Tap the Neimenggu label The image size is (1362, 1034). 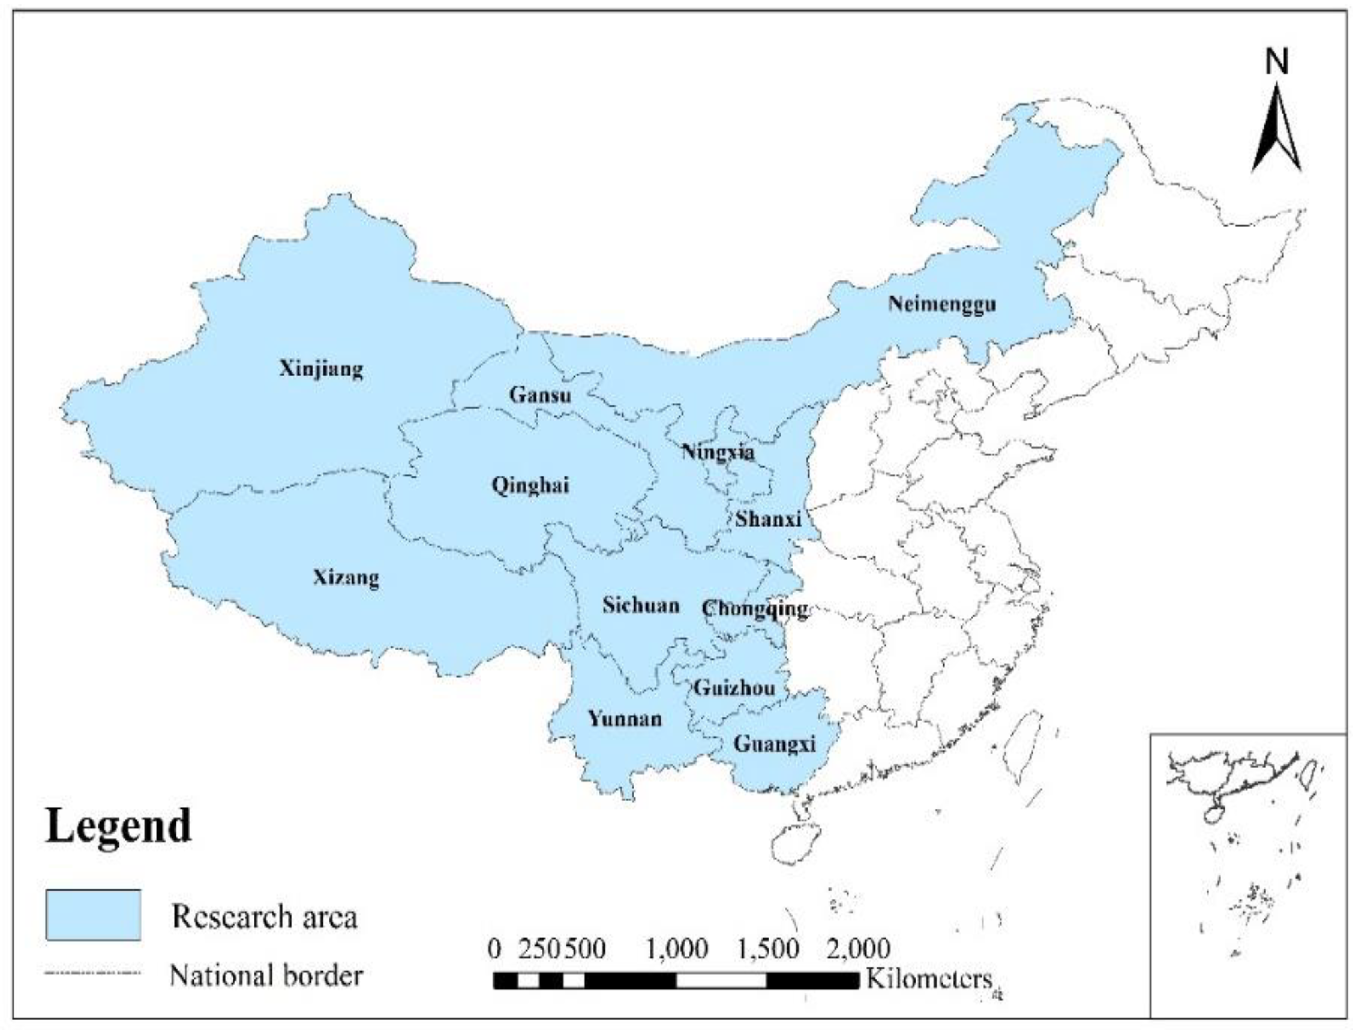point(941,304)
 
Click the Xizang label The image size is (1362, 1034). point(346,578)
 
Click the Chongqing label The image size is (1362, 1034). point(754,609)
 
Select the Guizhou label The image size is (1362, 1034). point(734,687)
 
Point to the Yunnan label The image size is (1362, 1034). point(624,718)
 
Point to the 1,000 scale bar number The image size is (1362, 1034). point(677,948)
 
